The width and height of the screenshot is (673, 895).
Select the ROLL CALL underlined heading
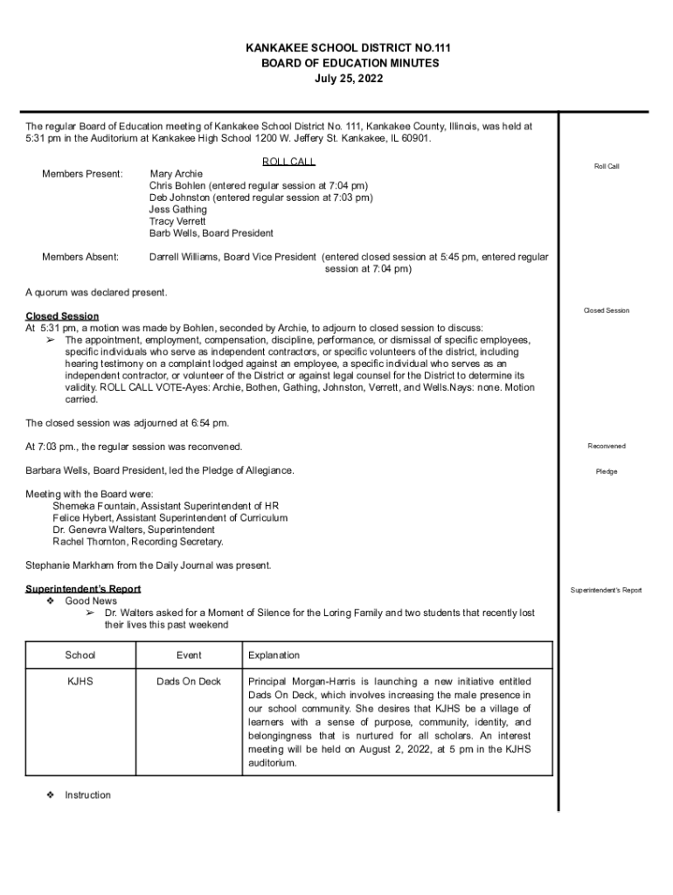(288, 162)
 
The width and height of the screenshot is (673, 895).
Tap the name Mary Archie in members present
(176, 174)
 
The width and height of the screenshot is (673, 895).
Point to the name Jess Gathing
(177, 210)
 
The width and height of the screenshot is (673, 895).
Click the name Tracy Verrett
(177, 222)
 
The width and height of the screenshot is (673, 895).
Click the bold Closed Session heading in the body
(62, 316)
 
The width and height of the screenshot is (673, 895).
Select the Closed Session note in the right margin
(606, 310)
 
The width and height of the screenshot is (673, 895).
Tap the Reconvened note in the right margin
(606, 447)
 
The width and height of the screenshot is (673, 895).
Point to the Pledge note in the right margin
(606, 472)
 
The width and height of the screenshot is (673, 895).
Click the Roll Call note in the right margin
(606, 166)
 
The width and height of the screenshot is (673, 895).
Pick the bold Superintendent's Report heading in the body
(83, 589)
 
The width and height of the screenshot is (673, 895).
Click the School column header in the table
(80, 656)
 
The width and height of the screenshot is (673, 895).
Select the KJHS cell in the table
(80, 682)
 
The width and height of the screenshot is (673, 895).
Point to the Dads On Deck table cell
(189, 682)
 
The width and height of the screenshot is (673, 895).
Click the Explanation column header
(274, 656)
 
